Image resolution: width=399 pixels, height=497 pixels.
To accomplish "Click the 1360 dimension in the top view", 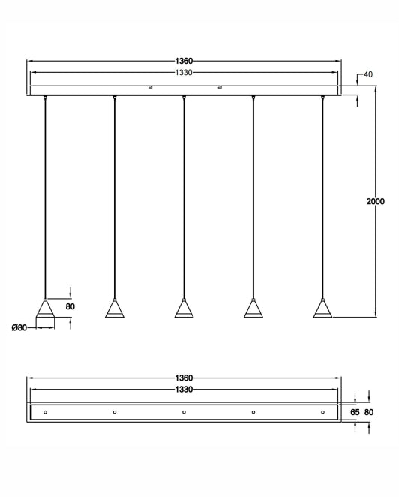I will coord(184,61).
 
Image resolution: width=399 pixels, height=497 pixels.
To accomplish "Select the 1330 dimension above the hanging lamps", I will coord(184,73).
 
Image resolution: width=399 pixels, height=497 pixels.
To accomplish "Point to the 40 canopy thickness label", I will coord(367,74).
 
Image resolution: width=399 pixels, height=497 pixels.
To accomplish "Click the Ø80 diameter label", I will coord(19,327).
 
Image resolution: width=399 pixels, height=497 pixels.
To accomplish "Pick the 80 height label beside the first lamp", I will coord(70,306).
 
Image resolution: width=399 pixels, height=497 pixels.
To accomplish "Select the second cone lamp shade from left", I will coord(115,309).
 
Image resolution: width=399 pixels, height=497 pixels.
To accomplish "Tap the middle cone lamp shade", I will coord(184,309).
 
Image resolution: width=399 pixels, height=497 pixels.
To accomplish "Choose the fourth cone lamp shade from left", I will coord(253,309).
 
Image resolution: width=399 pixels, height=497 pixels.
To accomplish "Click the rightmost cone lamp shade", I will coord(322,309).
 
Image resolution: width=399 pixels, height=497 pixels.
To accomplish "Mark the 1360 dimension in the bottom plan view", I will coord(184,378).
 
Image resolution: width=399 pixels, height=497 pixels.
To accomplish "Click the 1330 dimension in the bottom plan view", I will coord(184,390).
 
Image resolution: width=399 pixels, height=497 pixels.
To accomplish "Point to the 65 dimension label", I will coord(355,412).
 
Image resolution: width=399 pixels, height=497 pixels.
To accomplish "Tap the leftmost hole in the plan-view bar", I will coord(46,412).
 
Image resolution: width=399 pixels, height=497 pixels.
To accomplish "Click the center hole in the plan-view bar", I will coord(184,412).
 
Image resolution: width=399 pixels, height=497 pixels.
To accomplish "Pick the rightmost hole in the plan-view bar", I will coord(322,412).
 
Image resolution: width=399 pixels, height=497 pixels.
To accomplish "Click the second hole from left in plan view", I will coord(115,412).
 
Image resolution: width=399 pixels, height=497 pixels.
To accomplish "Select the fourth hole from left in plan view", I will coord(253,412).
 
